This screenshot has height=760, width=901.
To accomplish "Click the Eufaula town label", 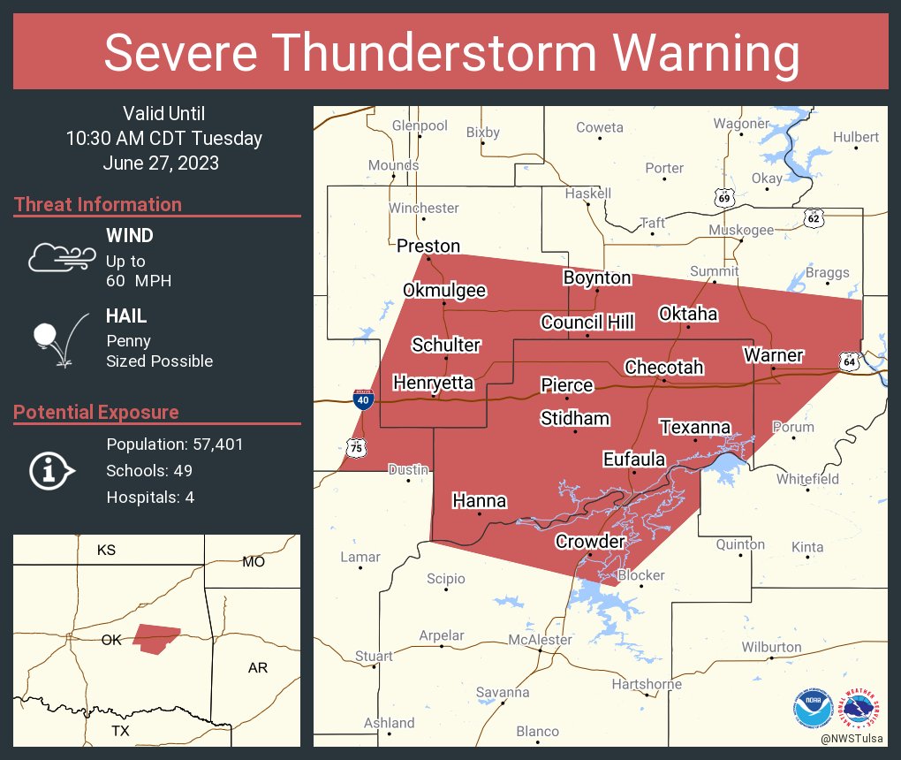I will coord(633,459).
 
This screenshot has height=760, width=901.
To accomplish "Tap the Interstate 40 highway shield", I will coord(363,399).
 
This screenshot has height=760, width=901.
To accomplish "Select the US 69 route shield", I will coord(724,199).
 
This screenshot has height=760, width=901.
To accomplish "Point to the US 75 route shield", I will coord(355,449).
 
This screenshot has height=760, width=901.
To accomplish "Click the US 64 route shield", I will coord(849,361).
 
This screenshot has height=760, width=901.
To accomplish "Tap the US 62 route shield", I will coord(814,216).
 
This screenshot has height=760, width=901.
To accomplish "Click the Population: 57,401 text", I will coord(174,444).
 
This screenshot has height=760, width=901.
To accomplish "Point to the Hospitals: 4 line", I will coord(150,497).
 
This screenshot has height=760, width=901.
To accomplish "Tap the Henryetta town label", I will coord(433,383).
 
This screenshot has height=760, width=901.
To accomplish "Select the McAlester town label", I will coord(540,639).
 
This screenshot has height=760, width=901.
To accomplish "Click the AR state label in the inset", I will coord(257,667).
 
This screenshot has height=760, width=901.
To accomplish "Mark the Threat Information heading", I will coord(98,204).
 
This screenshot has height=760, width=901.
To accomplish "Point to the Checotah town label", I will coord(663,367).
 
